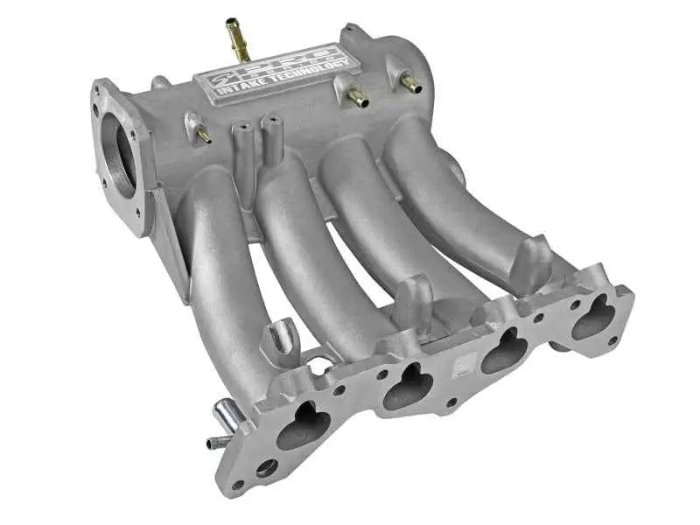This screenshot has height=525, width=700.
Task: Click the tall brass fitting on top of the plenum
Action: pos(236,39)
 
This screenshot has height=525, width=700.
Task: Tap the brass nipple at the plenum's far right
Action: pos(409,84)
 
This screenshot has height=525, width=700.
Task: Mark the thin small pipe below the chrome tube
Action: pos(217,443)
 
